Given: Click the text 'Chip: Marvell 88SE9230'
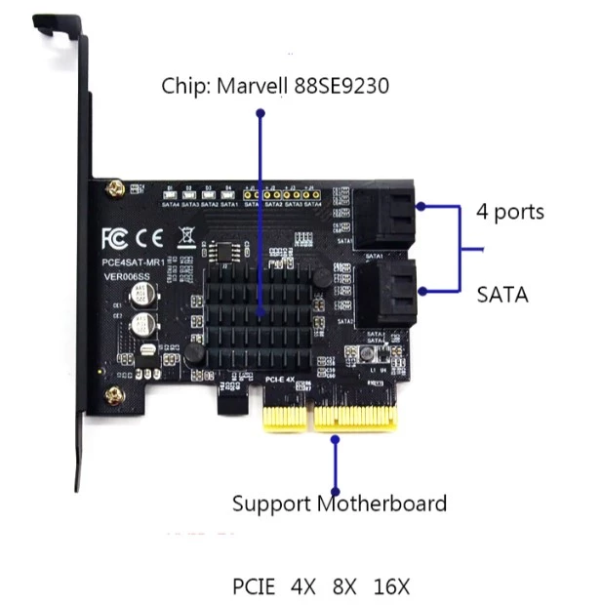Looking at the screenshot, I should pos(275,87).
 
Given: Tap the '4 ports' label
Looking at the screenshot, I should pos(510,211).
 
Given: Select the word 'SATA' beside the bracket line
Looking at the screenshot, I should pos(502,293).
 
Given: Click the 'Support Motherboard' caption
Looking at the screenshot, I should pos(339,504).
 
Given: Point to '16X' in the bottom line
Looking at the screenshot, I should pos(391,587).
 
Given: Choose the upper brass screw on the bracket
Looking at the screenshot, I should pos(114,184).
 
